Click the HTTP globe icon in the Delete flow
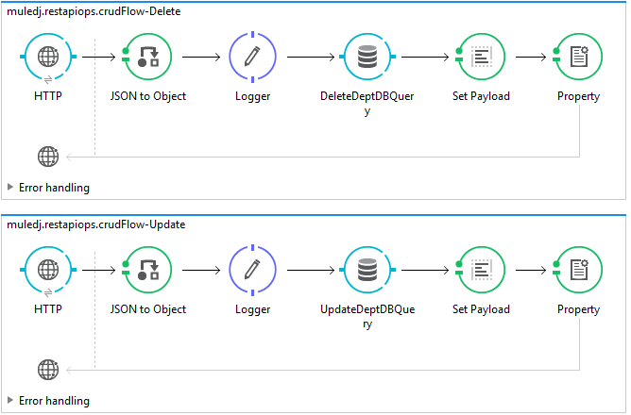[47, 57]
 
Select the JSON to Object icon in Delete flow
[148, 57]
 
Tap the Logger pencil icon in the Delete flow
[251, 57]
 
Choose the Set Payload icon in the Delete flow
[481, 57]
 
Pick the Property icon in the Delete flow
[578, 57]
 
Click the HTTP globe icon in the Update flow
[47, 270]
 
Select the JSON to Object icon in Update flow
[148, 270]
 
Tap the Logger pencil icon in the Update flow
[251, 270]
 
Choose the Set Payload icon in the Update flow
[481, 270]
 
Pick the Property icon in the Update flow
[578, 270]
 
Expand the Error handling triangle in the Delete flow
[10, 187]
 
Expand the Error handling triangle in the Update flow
[10, 400]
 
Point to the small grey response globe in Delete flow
[47, 157]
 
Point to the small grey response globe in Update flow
[47, 370]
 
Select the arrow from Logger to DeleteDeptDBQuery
[307, 57]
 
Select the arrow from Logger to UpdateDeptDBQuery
[307, 270]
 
